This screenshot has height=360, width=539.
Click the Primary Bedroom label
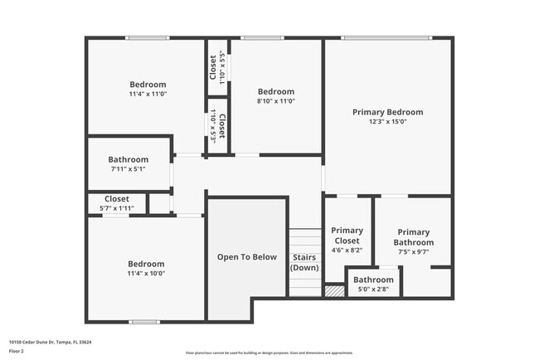click(x=387, y=112)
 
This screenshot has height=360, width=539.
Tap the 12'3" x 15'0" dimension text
click(x=387, y=122)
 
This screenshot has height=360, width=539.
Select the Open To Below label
click(x=247, y=257)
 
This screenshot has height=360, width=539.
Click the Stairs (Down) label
click(x=304, y=262)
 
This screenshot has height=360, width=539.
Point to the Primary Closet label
click(x=347, y=236)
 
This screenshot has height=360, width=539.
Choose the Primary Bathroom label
click(x=413, y=237)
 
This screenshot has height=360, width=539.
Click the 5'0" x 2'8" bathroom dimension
click(x=373, y=289)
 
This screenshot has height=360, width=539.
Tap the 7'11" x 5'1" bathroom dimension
click(x=128, y=169)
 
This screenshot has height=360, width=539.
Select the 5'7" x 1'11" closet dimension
click(x=116, y=208)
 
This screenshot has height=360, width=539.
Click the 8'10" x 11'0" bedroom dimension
click(x=275, y=101)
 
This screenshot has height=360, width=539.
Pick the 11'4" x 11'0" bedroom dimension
click(x=148, y=94)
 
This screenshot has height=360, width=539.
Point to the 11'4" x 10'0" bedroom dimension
click(x=146, y=273)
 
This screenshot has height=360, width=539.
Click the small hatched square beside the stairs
click(x=334, y=291)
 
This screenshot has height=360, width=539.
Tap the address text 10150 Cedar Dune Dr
click(x=50, y=341)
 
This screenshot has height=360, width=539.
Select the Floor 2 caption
click(x=16, y=351)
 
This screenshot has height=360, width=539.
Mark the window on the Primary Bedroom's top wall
click(x=386, y=37)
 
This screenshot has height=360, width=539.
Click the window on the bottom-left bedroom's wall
click(x=144, y=321)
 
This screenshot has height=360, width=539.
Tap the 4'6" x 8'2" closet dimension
click(x=347, y=250)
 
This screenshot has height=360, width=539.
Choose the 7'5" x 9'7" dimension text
click(x=413, y=251)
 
